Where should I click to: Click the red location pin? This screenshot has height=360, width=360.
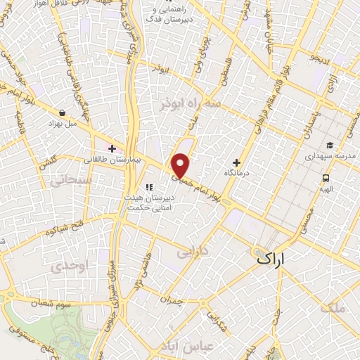pyautogui.click(x=181, y=166)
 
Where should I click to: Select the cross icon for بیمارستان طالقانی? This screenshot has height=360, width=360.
pyautogui.click(x=112, y=148)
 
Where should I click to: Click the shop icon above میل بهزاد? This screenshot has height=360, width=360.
pyautogui.click(x=63, y=112)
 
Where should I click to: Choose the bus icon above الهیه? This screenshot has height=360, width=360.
pyautogui.click(x=326, y=179)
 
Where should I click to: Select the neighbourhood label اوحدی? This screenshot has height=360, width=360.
pyautogui.click(x=67, y=266)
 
